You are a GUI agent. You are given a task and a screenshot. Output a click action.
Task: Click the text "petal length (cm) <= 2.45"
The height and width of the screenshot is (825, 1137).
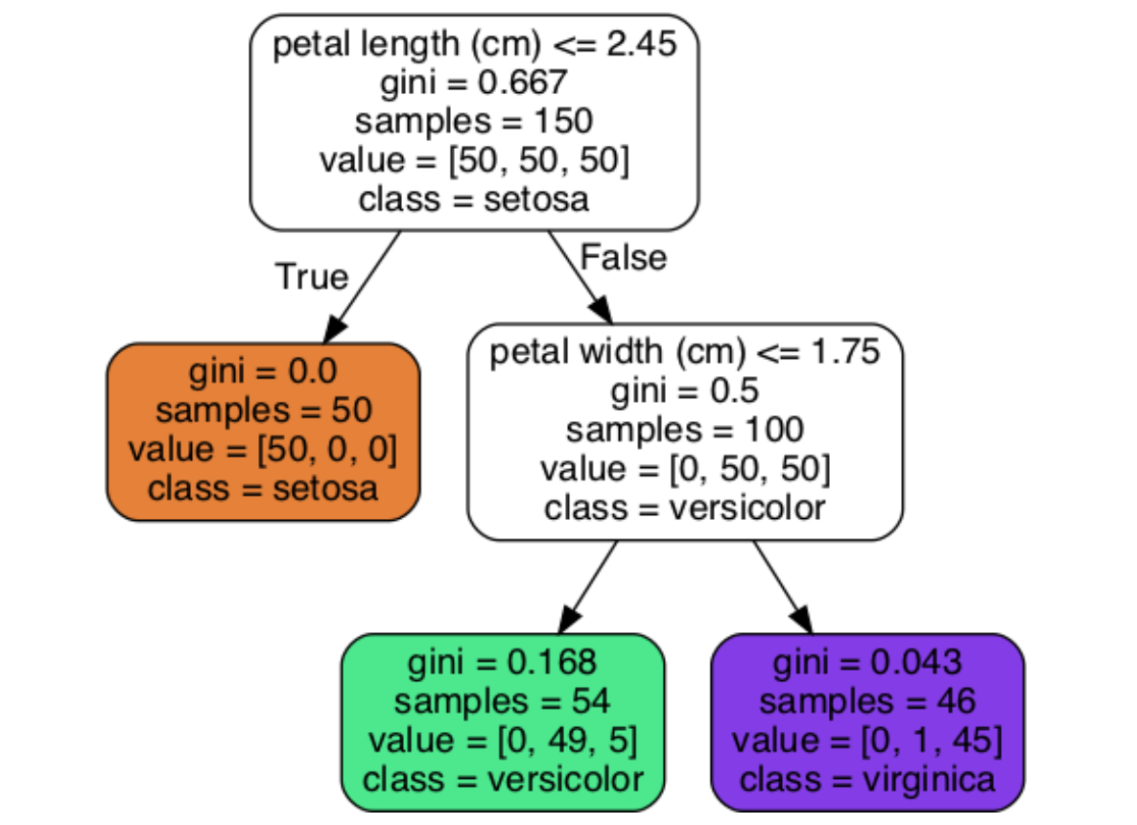click(x=475, y=45)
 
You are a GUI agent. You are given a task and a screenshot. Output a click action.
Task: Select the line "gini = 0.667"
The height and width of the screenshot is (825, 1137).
click(x=474, y=83)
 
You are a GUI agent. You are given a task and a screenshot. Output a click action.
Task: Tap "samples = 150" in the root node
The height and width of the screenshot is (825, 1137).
click(x=474, y=122)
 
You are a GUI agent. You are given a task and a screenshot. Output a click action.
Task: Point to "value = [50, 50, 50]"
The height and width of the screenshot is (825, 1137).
click(x=474, y=160)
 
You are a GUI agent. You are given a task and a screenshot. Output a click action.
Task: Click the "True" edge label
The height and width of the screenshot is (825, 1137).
click(x=311, y=277)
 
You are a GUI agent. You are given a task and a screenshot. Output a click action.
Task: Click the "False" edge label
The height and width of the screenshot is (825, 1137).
click(x=624, y=257)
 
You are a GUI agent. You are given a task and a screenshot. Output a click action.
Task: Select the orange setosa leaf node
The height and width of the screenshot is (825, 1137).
click(x=263, y=432)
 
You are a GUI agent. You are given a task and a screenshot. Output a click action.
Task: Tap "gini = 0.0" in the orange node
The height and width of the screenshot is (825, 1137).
click(x=263, y=372)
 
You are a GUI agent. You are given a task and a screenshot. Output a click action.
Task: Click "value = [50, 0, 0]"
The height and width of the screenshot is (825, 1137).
click(x=263, y=450)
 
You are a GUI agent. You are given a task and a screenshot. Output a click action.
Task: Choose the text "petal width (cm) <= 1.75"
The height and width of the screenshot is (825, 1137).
click(x=684, y=353)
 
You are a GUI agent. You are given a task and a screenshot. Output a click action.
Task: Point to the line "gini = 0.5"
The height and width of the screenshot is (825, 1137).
click(x=684, y=391)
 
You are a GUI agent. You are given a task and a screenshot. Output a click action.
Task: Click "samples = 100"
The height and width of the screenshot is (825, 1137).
click(x=684, y=430)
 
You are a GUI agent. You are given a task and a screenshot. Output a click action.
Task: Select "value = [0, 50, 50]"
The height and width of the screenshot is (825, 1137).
click(x=684, y=469)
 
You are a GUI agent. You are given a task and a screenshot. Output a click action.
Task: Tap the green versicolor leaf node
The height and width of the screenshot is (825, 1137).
click(x=503, y=721)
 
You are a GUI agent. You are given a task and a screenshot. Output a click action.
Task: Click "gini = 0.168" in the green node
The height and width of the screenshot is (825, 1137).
click(x=503, y=662)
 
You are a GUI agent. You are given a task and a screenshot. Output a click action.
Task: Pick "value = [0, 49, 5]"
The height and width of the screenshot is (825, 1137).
click(x=503, y=740)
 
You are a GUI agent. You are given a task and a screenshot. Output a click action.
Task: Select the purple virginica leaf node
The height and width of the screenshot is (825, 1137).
click(x=867, y=721)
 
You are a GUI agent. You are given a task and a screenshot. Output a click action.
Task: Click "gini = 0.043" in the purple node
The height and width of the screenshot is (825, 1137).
click(x=867, y=662)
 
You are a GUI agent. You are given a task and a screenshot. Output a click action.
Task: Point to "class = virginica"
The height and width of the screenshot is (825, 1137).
click(x=867, y=779)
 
